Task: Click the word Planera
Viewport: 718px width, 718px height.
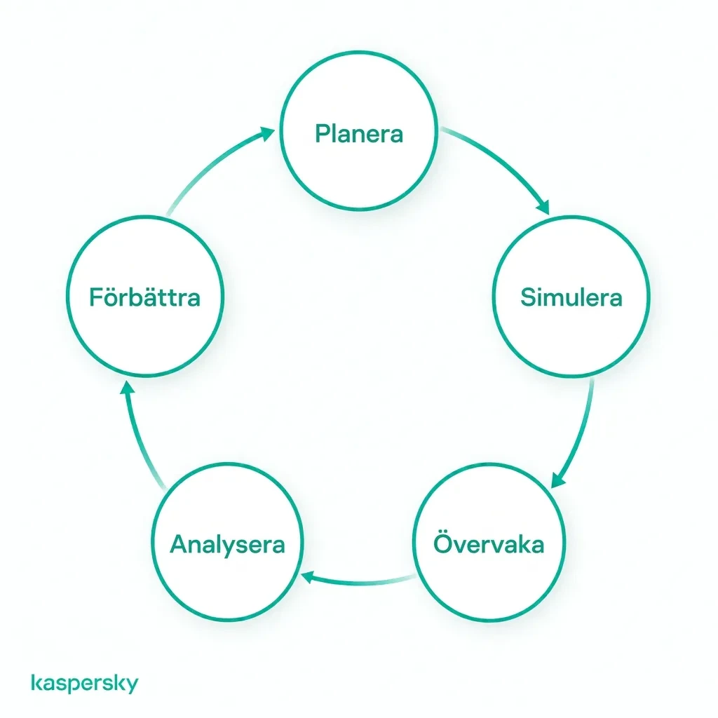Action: tap(359, 134)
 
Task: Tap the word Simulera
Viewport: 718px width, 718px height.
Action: tap(571, 297)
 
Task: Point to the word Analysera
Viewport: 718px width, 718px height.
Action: tap(227, 546)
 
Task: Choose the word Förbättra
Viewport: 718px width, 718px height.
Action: tap(144, 297)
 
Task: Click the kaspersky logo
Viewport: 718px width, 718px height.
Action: tap(85, 683)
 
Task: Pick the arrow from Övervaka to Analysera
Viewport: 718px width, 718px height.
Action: tap(360, 581)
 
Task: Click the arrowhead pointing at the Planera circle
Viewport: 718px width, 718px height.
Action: tap(266, 134)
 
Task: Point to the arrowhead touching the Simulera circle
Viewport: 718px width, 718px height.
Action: tap(543, 207)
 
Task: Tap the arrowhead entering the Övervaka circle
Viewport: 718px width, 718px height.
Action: tap(557, 480)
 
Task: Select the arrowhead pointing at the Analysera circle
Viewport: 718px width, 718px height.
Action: tap(308, 578)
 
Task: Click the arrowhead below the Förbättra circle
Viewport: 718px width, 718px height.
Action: tap(128, 388)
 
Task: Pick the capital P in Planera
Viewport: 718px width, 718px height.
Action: tap(323, 134)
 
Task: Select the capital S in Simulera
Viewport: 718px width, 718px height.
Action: tap(529, 297)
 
